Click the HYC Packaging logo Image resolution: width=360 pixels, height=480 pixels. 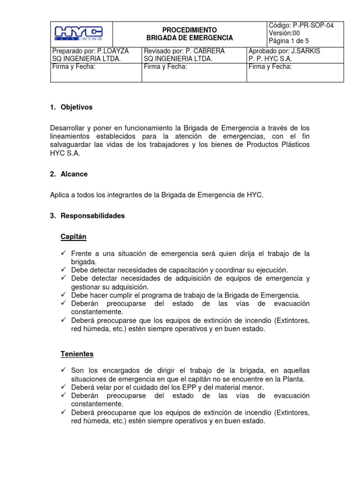[79, 33]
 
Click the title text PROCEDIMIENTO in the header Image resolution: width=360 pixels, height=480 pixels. [189, 30]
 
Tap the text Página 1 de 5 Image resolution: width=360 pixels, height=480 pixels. [289, 41]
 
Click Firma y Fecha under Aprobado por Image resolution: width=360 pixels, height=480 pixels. [270, 67]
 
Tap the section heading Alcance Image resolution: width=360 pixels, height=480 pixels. [74, 174]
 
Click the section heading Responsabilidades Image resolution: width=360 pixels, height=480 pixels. [93, 216]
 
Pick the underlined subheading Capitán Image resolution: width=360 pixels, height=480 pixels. [74, 237]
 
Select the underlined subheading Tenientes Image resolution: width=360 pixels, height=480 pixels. [77, 353]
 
